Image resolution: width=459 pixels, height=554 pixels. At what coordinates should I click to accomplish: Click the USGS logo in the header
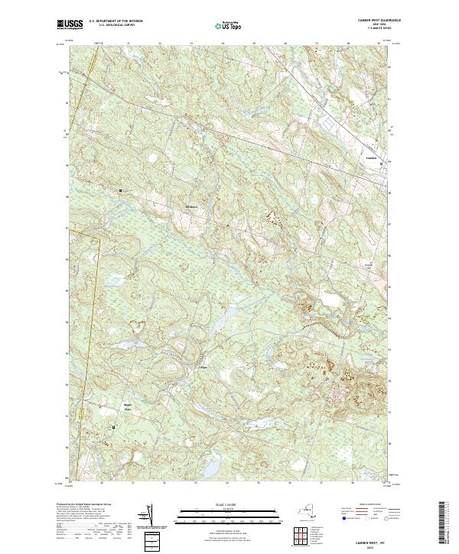(x=70, y=24)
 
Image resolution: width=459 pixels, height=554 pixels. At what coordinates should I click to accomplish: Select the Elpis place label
(x=203, y=367)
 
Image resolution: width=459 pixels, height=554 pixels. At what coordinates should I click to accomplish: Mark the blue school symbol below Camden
(x=382, y=163)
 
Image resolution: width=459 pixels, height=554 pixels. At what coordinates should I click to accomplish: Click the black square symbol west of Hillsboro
(x=120, y=190)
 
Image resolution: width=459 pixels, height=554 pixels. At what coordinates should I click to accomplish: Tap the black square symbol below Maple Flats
(x=115, y=427)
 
